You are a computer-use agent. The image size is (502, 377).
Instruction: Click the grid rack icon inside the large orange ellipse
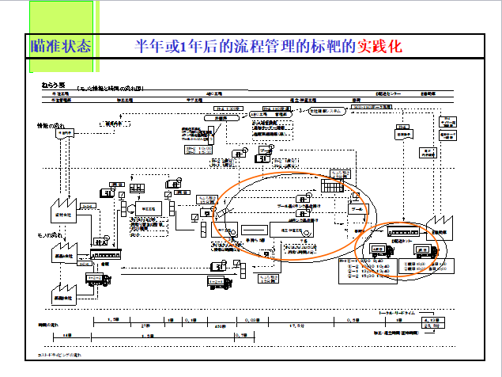coord(329,188)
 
